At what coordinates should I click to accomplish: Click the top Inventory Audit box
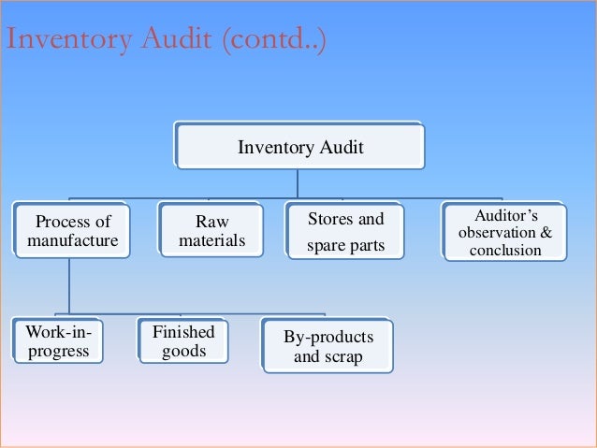(x=300, y=148)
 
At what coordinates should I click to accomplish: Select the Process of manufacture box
(x=72, y=231)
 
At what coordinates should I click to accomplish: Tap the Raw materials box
(x=211, y=231)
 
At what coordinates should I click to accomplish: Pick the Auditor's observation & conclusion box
(x=506, y=233)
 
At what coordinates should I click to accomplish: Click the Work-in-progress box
(x=57, y=341)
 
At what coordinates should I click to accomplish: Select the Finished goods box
(x=183, y=341)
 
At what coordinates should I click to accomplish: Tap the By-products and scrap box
(x=327, y=346)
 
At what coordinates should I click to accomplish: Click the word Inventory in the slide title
(x=67, y=41)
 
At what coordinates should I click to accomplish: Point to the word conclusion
(x=506, y=250)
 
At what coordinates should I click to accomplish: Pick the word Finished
(x=183, y=332)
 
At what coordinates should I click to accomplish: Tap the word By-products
(x=328, y=337)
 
